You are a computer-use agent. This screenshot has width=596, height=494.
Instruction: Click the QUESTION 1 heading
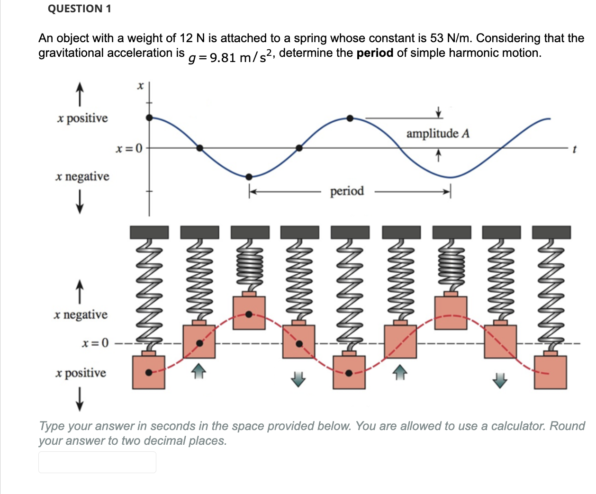tap(79, 9)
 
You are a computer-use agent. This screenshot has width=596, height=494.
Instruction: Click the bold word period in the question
tap(375, 53)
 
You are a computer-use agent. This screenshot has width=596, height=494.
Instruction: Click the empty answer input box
tap(97, 462)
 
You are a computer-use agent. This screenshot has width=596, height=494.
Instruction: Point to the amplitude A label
tap(438, 134)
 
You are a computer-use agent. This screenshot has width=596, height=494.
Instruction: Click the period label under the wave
tap(347, 191)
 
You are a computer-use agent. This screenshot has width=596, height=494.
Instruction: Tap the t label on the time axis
tap(574, 150)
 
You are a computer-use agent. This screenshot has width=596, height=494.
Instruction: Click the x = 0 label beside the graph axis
tap(129, 149)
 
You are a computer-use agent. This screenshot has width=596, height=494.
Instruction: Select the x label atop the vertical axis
tap(140, 86)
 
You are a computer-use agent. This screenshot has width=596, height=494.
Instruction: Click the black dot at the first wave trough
tap(249, 177)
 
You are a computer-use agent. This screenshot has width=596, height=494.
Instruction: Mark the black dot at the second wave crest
tap(350, 118)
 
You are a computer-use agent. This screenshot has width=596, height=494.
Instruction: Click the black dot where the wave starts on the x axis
tap(149, 117)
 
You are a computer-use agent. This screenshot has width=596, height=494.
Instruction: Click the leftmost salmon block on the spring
tap(149, 372)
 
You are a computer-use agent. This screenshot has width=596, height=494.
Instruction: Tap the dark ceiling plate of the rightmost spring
tap(551, 232)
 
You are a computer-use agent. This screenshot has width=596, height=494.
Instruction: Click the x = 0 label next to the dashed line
tap(95, 342)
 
